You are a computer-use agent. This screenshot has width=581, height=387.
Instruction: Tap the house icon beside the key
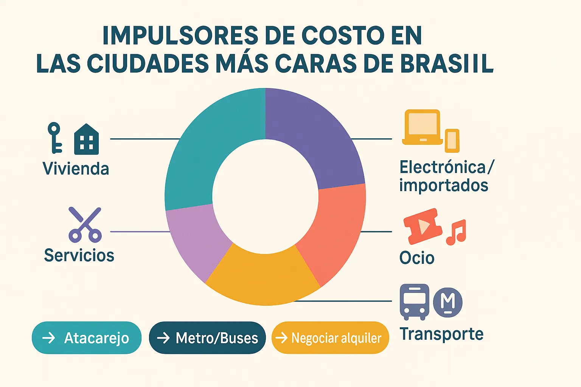tap(87, 139)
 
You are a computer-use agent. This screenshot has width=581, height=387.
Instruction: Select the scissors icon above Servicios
tap(85, 224)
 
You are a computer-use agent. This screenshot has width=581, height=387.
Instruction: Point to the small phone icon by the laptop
tap(452, 141)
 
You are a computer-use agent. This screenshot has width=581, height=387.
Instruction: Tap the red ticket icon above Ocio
tap(423, 226)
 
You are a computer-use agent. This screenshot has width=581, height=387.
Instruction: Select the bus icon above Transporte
tap(415, 302)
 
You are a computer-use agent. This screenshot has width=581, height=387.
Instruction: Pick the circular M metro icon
tap(448, 302)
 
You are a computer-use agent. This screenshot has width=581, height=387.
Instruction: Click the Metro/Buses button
tap(207, 338)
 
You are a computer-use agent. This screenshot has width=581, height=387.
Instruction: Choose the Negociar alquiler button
tap(330, 338)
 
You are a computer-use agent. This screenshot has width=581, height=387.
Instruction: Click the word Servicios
tap(79, 255)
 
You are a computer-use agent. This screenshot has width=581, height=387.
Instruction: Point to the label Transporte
tap(441, 334)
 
